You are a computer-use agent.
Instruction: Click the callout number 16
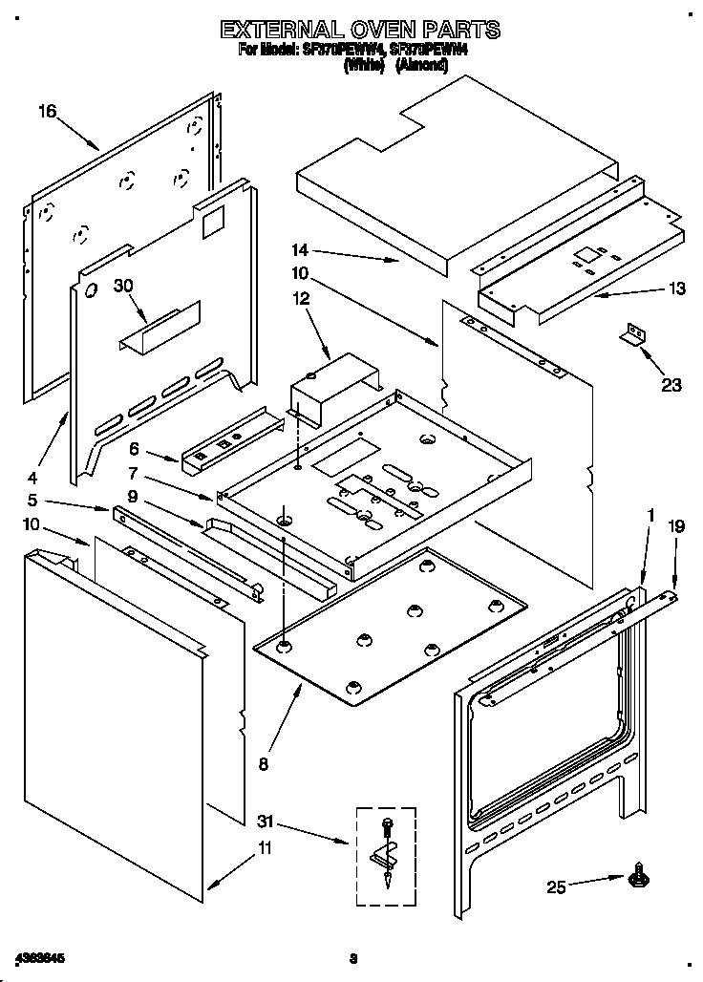(x=47, y=112)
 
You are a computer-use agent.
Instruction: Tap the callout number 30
(x=123, y=285)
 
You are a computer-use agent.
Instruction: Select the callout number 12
(x=302, y=299)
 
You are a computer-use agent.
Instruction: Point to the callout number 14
(x=302, y=251)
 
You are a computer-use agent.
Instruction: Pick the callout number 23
(x=672, y=385)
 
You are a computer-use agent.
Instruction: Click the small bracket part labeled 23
(x=633, y=333)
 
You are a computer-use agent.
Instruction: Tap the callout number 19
(x=676, y=525)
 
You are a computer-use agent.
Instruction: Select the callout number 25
(x=556, y=888)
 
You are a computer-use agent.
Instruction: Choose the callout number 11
(x=265, y=847)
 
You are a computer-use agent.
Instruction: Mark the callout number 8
(x=264, y=763)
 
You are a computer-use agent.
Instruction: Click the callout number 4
(x=32, y=477)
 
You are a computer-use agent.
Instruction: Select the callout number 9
(x=133, y=495)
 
